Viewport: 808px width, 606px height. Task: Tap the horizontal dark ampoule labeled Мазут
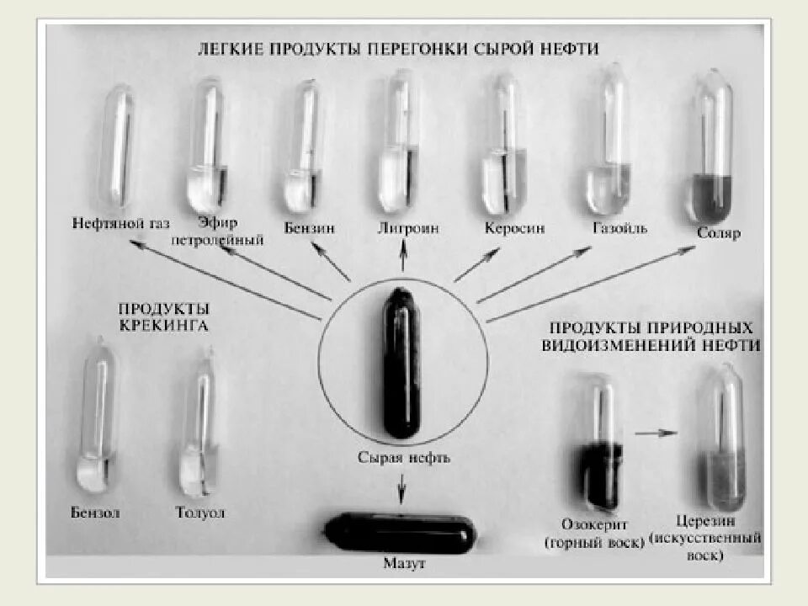(401, 533)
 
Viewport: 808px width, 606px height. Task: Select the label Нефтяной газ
(121, 224)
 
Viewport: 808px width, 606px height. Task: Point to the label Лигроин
(407, 228)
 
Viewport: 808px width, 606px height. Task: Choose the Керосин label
(514, 228)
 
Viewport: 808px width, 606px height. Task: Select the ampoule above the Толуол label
(199, 425)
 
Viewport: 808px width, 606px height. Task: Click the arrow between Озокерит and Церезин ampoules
(656, 433)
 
